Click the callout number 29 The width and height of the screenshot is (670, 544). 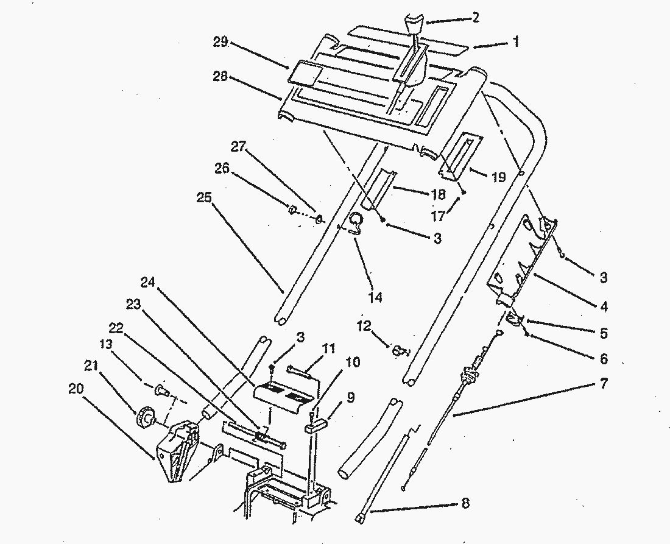click(220, 42)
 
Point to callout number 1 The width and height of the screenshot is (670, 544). click(515, 41)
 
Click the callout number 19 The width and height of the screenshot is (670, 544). click(498, 177)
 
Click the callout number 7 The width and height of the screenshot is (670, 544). click(602, 384)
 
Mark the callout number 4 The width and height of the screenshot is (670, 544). click(602, 306)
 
